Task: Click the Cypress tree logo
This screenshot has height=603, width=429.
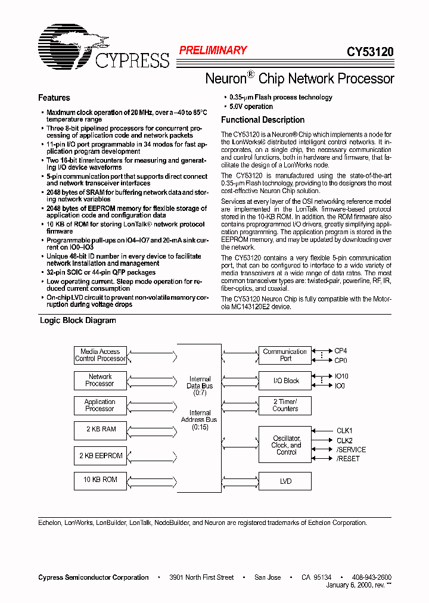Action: pos(66,46)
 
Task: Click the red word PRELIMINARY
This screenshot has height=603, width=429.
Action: pos(213,51)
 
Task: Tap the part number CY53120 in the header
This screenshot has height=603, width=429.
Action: pos(370,52)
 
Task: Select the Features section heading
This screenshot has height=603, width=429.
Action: pos(54,98)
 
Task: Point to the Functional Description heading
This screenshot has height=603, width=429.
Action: pos(263,120)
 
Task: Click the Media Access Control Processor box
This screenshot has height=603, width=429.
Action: pos(100,355)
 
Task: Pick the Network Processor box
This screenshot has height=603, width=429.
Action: pos(100,380)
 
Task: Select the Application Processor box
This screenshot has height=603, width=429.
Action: pos(100,405)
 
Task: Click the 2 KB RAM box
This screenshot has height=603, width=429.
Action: pos(100,430)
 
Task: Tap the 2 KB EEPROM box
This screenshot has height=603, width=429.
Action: pos(100,456)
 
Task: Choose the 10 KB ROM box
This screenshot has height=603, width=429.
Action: pos(100,480)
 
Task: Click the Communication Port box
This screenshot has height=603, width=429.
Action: pos(285,355)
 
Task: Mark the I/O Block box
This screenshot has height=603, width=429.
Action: pos(285,381)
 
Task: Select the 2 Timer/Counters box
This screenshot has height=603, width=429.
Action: pos(285,405)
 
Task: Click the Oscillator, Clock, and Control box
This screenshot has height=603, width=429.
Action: pos(285,445)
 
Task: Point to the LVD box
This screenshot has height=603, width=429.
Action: pos(285,481)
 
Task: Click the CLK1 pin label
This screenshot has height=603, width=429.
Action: pos(344,430)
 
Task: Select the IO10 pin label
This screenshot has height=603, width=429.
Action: pos(341,377)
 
